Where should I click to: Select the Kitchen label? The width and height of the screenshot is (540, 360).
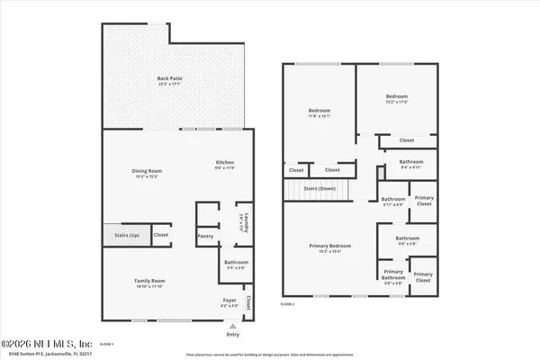(224, 165)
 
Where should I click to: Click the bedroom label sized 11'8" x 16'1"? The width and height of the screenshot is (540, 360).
(320, 112)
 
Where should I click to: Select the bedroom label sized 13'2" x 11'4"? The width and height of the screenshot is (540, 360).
(397, 98)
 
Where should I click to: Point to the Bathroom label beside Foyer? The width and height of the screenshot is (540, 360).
(237, 265)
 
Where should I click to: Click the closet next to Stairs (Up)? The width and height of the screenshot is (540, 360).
(160, 235)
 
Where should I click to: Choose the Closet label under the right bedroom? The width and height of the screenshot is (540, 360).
(406, 140)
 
